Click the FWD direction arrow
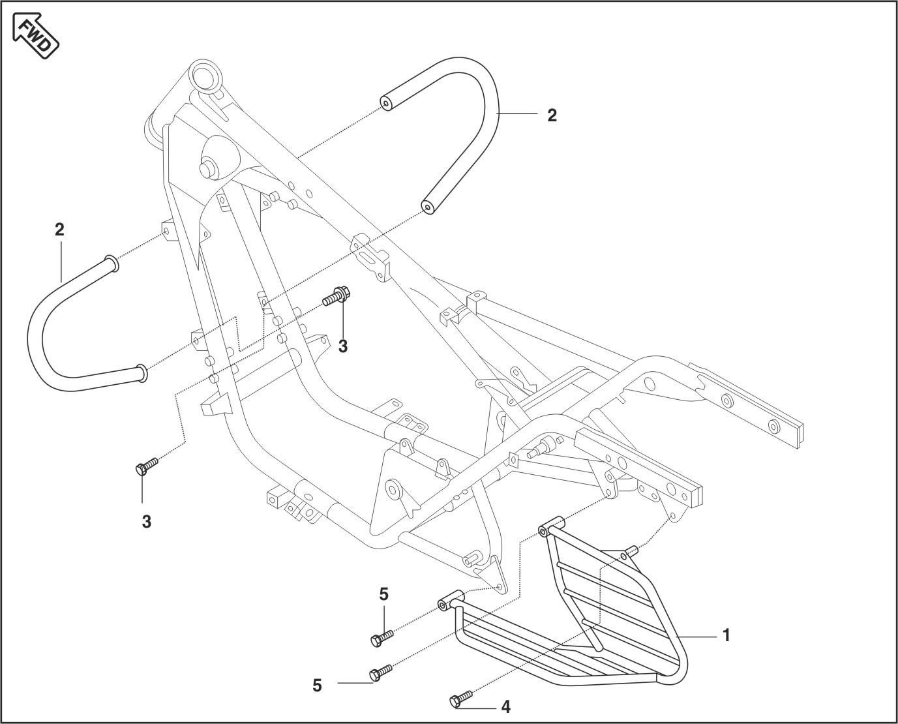(x=36, y=37)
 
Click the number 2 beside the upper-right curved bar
(x=552, y=115)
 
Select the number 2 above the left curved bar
(x=60, y=230)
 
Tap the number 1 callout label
(x=726, y=635)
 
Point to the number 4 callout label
(x=505, y=707)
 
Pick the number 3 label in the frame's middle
(x=343, y=347)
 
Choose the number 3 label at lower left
(x=147, y=522)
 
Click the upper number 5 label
(x=383, y=594)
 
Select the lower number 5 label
(x=317, y=686)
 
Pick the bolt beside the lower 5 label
(x=380, y=672)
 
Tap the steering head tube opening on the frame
(x=205, y=72)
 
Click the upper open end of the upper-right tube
(x=386, y=103)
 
